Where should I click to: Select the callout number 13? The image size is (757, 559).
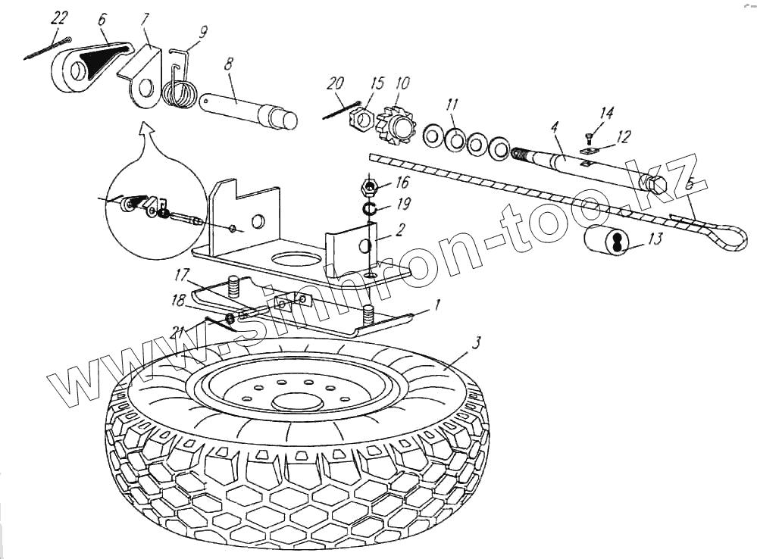[x=655, y=240]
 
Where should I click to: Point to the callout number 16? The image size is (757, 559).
[x=402, y=182]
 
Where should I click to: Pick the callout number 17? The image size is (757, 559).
[x=181, y=273]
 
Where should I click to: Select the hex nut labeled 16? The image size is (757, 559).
[x=369, y=186]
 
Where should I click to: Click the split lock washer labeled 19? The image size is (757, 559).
[x=368, y=208]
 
